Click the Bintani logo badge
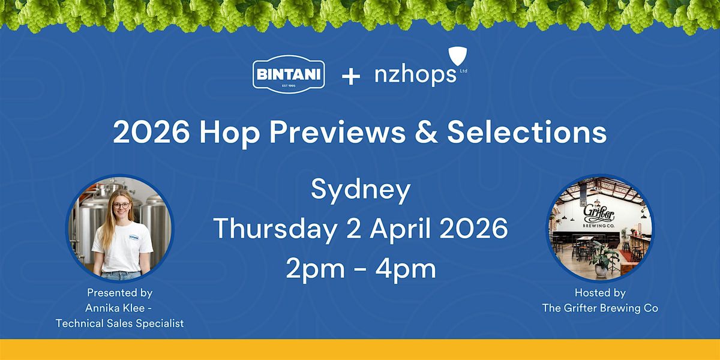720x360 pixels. click(x=289, y=74)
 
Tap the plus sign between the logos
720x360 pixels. click(x=350, y=77)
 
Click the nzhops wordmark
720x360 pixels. click(x=415, y=74)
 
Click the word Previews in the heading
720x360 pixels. click(x=337, y=133)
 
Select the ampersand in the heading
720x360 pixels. click(x=426, y=133)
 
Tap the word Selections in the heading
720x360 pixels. click(x=527, y=133)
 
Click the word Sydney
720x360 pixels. click(x=361, y=190)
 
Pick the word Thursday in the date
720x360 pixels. click(x=275, y=229)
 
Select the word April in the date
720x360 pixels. click(x=400, y=229)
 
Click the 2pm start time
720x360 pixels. click(x=315, y=269)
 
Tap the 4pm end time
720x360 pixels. click(x=406, y=269)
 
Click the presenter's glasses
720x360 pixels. click(x=121, y=205)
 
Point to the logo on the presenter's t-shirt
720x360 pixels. click(x=134, y=238)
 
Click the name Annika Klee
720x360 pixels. click(x=115, y=308)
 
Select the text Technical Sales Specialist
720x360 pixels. click(x=120, y=323)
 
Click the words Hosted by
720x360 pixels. click(x=600, y=293)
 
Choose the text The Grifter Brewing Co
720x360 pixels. click(x=600, y=308)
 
